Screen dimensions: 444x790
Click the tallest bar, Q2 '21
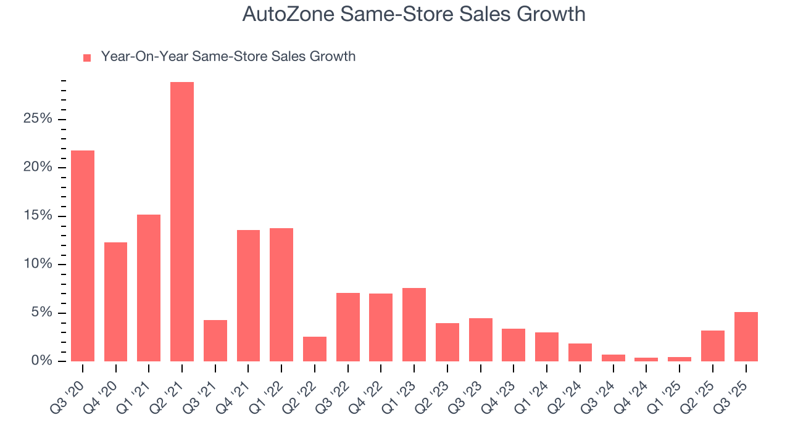(x=182, y=221)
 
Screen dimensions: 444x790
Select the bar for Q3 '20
(x=83, y=256)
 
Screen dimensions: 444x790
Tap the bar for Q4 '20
(x=116, y=302)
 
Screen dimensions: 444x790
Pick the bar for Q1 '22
(x=281, y=295)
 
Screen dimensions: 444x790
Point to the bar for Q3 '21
(x=215, y=340)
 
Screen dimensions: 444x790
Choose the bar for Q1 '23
(x=414, y=324)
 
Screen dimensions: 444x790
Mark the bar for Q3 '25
(x=746, y=337)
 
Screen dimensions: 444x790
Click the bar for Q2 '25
(x=712, y=346)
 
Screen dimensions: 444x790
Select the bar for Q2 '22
(x=315, y=349)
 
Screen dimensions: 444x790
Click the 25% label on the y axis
(x=38, y=119)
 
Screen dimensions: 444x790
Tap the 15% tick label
(x=38, y=216)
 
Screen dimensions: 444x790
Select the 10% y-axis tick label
(x=38, y=265)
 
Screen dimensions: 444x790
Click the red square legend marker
(x=87, y=57)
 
